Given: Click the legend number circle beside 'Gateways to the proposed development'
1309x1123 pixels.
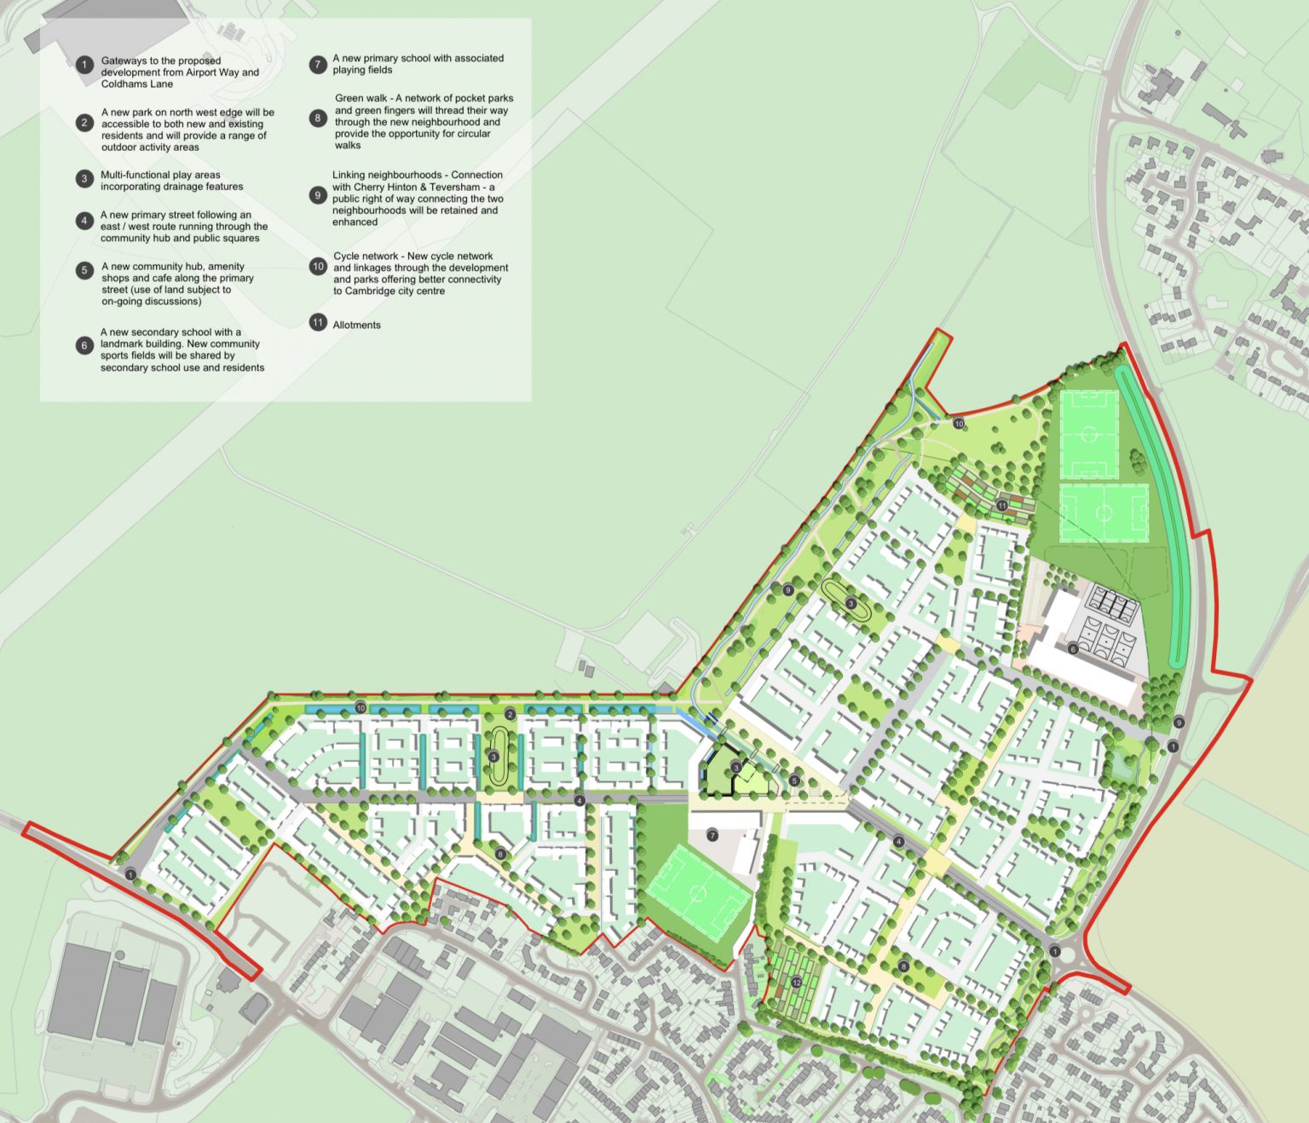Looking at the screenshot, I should point(84,65).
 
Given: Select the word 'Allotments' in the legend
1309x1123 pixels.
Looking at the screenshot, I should point(357,325).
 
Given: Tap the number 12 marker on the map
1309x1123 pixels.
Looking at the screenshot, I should point(796,982).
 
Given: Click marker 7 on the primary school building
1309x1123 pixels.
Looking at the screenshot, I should point(712,835).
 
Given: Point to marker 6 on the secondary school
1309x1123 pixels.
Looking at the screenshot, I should point(1073,649).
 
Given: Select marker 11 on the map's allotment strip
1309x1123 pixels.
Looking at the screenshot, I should point(1002,506).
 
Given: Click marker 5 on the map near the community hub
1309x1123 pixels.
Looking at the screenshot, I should point(794,780).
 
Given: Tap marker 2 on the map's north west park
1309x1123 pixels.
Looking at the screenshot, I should point(510,714).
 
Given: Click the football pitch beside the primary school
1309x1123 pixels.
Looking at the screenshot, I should point(697,892).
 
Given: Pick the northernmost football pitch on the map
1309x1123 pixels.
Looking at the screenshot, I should point(1088,435).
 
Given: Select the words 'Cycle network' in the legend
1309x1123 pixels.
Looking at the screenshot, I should point(366,256).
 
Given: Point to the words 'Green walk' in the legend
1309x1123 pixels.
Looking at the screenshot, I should point(360,98).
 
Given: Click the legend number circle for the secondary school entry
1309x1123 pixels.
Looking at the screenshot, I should point(84,345).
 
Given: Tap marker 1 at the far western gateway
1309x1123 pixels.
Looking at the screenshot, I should point(130,874).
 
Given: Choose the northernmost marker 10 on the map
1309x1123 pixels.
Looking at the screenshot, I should point(958,423).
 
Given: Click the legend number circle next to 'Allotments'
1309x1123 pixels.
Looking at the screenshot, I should point(318,324).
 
